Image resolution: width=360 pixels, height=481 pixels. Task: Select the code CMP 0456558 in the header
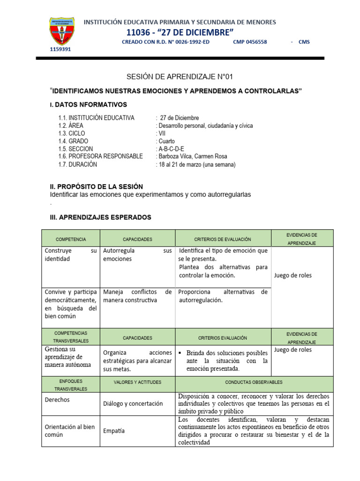250,42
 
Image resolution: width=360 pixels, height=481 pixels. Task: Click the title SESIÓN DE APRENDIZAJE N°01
180,77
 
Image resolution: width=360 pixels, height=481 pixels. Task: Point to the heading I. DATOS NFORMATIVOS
88,104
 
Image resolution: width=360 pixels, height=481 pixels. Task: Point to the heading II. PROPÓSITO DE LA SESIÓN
96,186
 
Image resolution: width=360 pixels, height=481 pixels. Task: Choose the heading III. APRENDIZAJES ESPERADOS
100,217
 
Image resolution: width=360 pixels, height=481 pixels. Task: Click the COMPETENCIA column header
71,239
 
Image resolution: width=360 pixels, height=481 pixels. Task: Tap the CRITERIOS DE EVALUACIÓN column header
223,239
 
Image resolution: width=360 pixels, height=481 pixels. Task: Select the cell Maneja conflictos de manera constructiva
137,296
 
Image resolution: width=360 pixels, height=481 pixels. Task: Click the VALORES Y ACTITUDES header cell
137,382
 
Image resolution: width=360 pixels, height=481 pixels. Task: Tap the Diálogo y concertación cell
133,403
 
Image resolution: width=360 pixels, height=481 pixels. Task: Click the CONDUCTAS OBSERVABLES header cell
254,382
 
